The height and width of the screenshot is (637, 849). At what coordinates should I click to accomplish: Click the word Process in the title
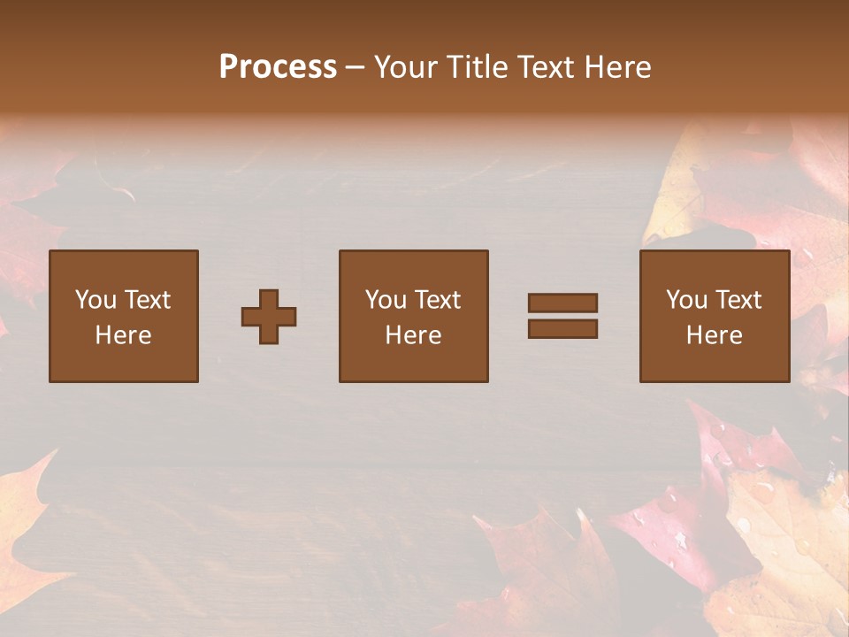(278, 67)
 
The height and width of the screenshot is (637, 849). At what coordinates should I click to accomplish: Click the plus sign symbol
(269, 317)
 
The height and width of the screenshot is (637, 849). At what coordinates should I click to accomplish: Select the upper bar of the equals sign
(562, 303)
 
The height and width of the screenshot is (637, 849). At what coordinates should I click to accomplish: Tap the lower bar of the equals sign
(562, 329)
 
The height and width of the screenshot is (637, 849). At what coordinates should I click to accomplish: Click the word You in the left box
(96, 300)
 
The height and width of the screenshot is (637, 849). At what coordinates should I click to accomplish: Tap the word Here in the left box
(123, 335)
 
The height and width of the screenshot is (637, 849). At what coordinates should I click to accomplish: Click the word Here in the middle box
(413, 335)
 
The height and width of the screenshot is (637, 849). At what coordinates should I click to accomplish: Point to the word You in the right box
(686, 300)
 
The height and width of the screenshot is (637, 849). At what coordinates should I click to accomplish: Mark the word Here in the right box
(714, 335)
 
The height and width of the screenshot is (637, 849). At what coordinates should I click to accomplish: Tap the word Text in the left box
(147, 300)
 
